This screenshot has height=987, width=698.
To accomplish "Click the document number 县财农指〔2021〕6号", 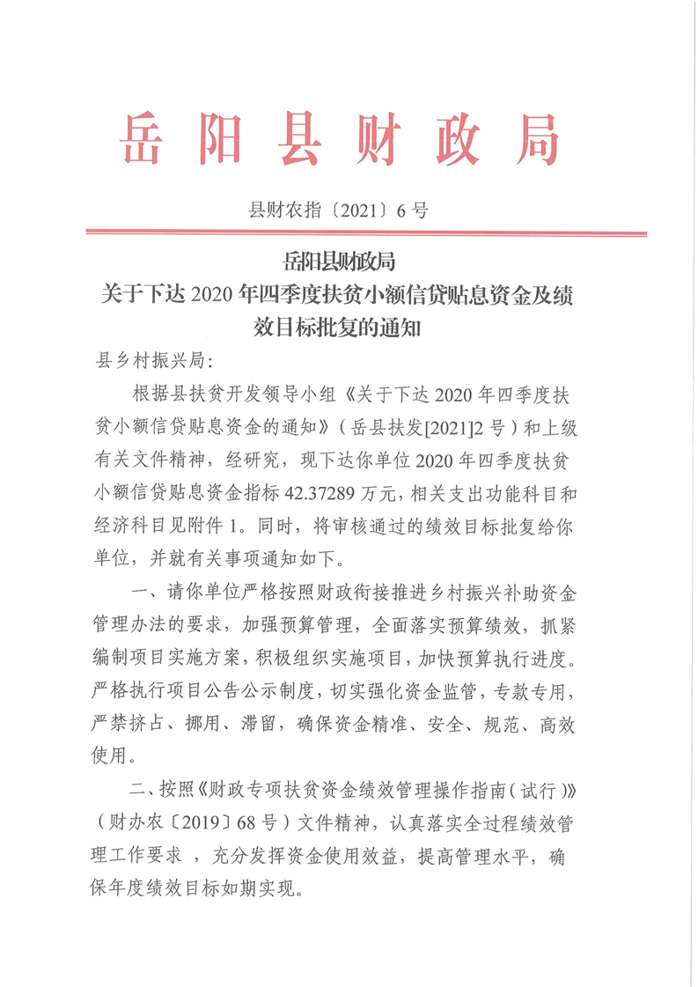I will coord(340,210).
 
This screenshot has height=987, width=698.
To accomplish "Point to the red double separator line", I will coord(366,233).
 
